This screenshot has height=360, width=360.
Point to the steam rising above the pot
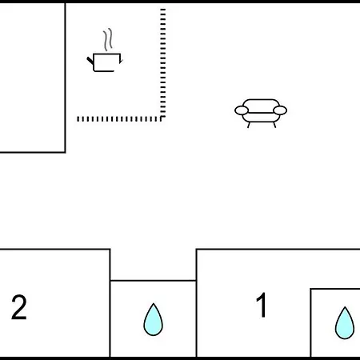[x=108, y=39]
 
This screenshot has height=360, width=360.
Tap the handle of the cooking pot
[x=90, y=61]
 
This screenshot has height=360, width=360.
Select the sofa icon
[x=261, y=114]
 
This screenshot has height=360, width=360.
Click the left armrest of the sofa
[x=242, y=110]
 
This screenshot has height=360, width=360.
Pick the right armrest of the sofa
[x=280, y=110]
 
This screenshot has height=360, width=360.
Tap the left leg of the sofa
[x=249, y=125]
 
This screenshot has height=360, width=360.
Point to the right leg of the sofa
[x=274, y=125]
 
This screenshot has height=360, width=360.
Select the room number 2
[x=19, y=307]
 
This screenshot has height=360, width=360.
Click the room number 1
[x=262, y=305]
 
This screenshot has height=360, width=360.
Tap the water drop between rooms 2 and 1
[x=154, y=319]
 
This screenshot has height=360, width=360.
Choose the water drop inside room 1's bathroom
[x=345, y=322]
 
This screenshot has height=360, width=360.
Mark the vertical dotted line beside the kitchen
[x=163, y=64]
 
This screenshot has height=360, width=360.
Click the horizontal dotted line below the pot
[x=121, y=119]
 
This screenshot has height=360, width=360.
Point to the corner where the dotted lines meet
[x=162, y=118]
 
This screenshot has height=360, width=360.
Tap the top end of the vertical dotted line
[x=163, y=10]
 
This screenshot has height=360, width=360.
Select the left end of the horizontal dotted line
[x=78, y=119]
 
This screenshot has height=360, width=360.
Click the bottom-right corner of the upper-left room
[x=66, y=152]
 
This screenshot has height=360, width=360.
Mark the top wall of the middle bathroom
[x=154, y=281]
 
